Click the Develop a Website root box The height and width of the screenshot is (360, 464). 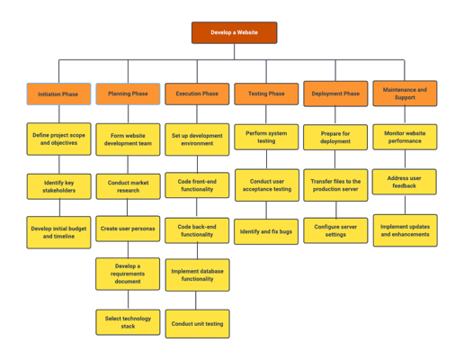click(234, 32)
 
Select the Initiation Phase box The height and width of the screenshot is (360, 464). click(58, 94)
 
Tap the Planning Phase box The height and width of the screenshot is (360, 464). click(128, 94)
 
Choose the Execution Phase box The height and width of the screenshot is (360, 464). click(197, 94)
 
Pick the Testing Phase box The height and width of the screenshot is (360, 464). click(266, 94)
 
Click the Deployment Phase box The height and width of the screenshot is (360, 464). click(335, 94)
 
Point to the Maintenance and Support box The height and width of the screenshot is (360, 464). click(405, 94)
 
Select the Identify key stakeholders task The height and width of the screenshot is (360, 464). click(59, 186)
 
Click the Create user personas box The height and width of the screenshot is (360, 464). click(128, 229)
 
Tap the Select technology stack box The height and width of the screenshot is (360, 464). click(128, 322)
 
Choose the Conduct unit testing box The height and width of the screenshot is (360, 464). click(198, 324)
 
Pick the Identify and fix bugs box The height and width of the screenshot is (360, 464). click(266, 231)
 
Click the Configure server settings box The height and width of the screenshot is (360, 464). click(335, 230)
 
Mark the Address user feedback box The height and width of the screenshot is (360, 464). click(405, 182)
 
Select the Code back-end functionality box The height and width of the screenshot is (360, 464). click(197, 230)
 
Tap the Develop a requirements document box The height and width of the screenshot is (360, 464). click(128, 274)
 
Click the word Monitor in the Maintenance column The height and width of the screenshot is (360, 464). click(394, 133)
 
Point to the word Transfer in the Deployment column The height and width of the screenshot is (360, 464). click(322, 181)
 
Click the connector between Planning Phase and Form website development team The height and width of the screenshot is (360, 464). click(128, 114)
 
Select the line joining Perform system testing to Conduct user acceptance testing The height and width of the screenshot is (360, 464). click(266, 159)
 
